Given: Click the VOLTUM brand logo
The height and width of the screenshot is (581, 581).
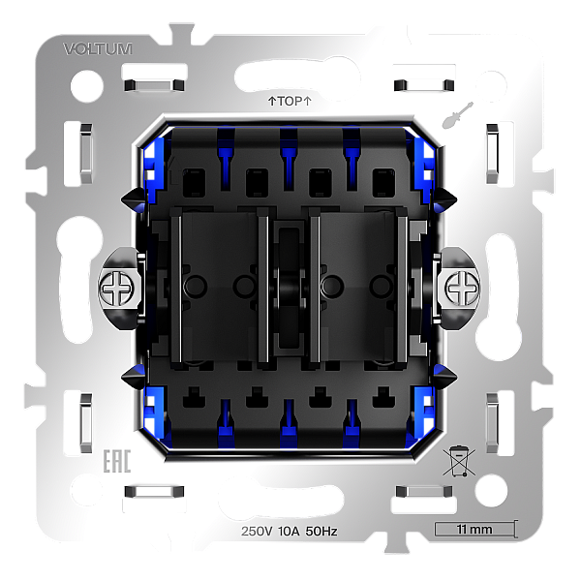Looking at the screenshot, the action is (x=98, y=49).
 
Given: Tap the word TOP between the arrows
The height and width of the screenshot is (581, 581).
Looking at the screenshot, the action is (x=290, y=101).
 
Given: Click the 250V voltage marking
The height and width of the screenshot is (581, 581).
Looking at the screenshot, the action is (x=257, y=532).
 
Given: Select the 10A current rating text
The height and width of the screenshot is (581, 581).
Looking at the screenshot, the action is (x=289, y=532).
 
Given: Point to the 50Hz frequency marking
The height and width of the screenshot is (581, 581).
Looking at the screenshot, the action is (x=321, y=532).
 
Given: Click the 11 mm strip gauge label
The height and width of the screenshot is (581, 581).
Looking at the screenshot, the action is (x=474, y=530).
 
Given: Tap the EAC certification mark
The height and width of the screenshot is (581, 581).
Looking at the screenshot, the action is (x=117, y=461).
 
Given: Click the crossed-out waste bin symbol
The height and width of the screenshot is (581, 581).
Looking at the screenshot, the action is (x=459, y=461).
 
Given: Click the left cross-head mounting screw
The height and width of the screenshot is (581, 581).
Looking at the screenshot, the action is (x=116, y=289).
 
